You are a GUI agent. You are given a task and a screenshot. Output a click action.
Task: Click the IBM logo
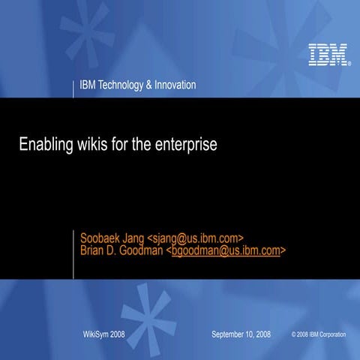328,55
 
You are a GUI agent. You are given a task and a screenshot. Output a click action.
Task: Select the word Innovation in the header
175,85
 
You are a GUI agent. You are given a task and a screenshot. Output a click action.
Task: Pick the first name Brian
94,250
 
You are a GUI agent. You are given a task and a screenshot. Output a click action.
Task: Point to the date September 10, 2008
241,332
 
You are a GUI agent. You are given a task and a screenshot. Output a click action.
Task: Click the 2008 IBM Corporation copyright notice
322,333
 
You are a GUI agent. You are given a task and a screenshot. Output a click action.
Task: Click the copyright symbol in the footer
294,333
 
